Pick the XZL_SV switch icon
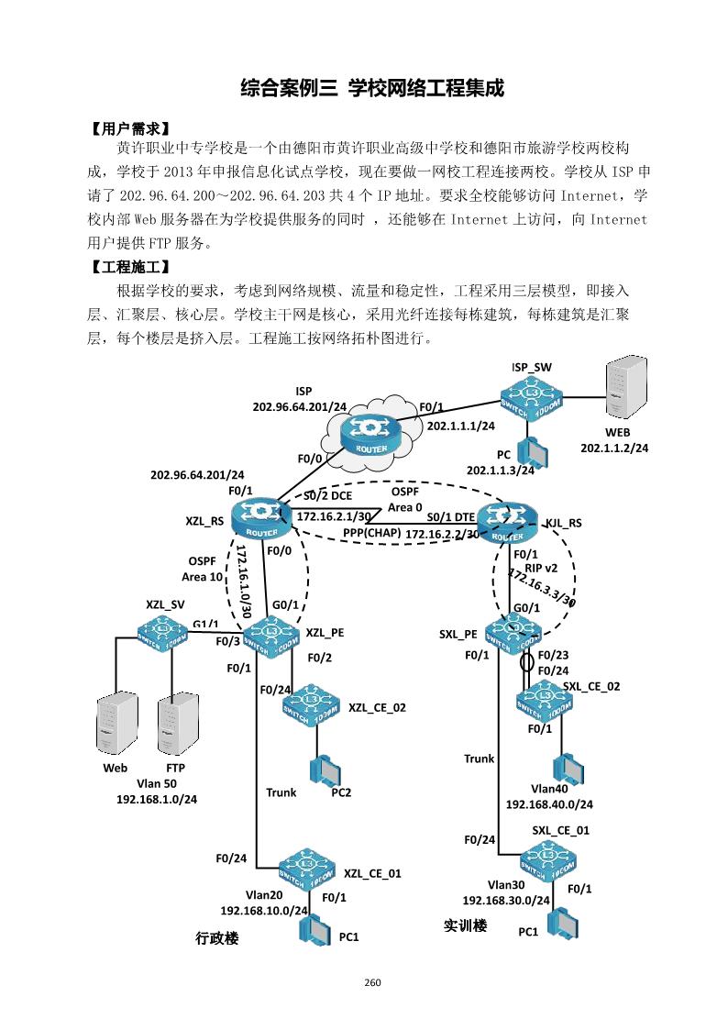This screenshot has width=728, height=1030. tap(162, 632)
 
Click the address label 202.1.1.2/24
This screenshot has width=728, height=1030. tap(614, 449)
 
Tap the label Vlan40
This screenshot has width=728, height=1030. tap(549, 789)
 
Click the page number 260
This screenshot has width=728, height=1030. tap(372, 982)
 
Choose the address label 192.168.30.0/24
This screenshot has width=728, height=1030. tap(506, 901)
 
